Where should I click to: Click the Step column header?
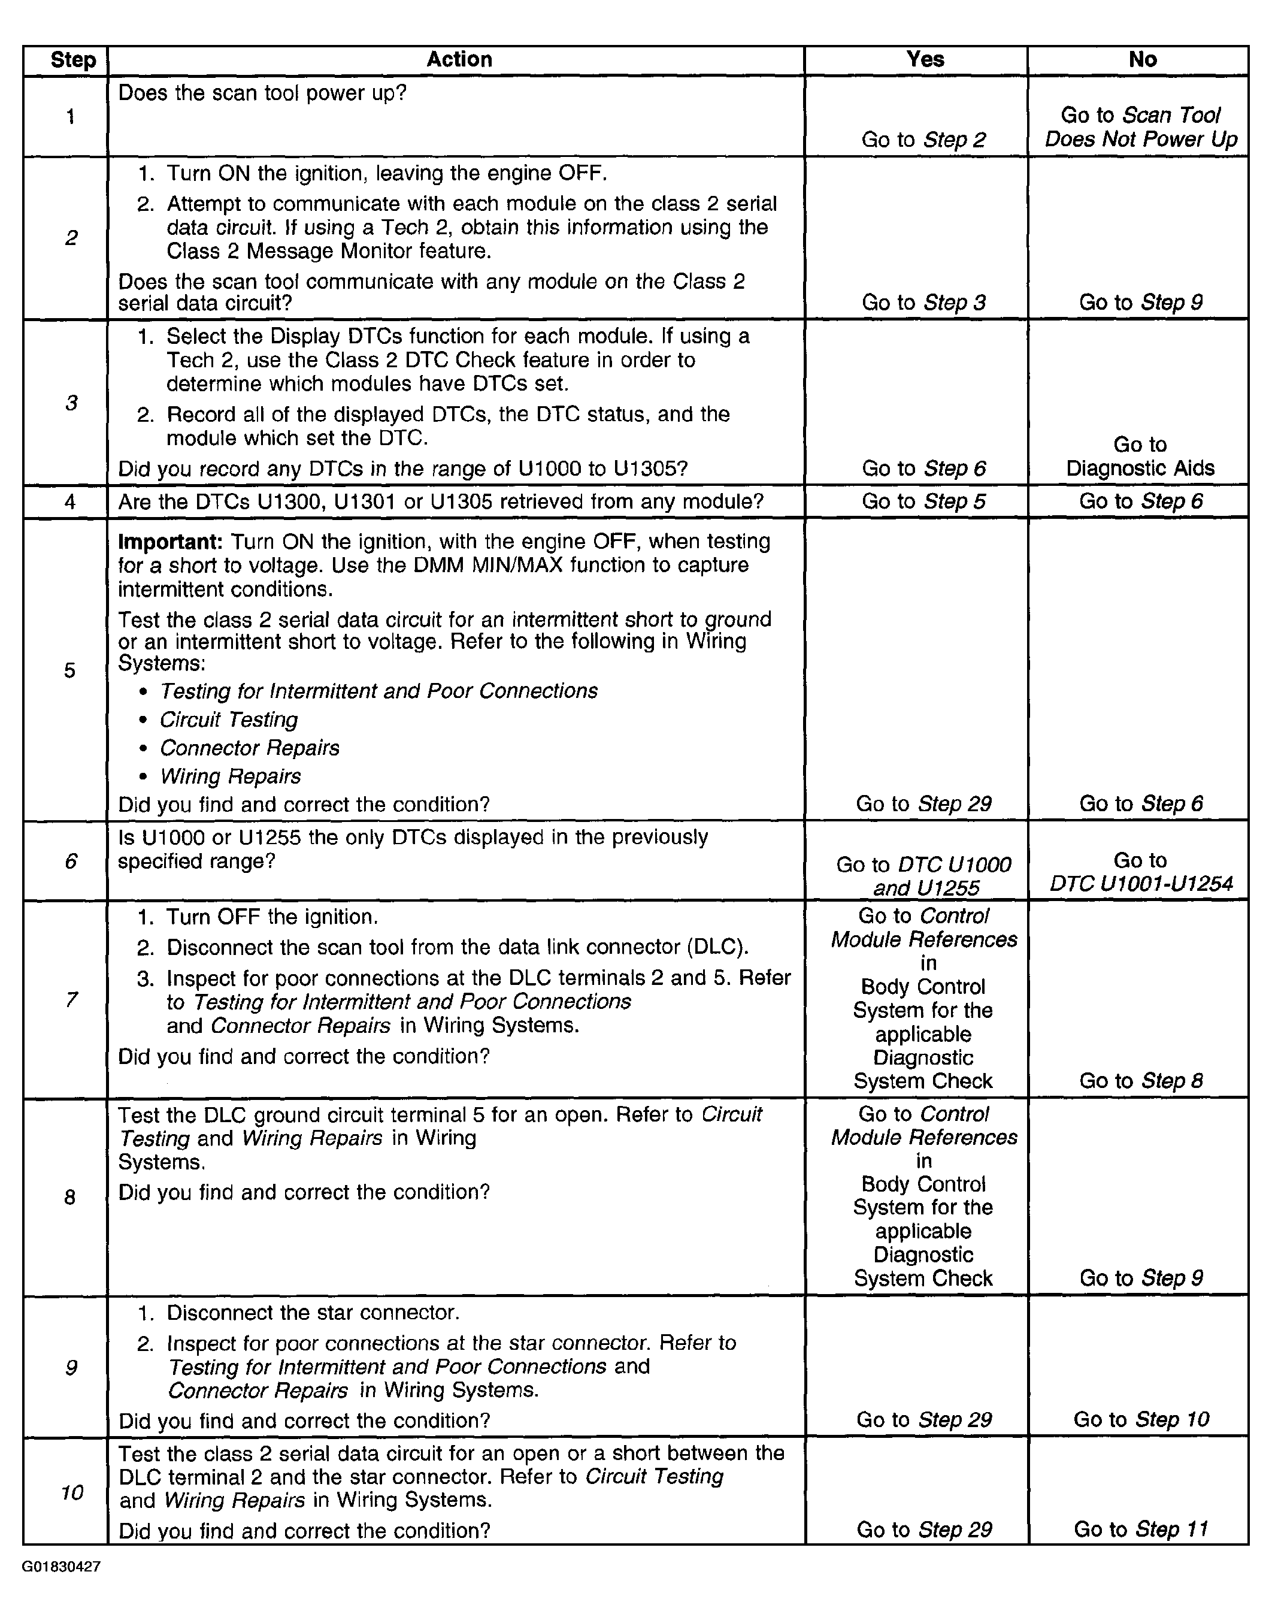point(73,61)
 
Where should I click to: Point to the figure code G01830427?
point(61,1566)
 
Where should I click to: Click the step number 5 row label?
point(69,670)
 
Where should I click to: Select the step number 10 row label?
point(71,1492)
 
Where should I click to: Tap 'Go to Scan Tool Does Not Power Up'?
point(1140,128)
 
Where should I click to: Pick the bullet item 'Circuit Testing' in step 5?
point(229,720)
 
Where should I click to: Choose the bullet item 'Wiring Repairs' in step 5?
point(230,776)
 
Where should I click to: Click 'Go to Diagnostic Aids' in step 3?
point(1140,457)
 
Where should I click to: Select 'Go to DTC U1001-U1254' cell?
point(1140,872)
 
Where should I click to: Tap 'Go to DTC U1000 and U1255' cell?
point(923,876)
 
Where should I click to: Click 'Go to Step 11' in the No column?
point(1140,1529)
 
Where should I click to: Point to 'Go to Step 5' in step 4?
point(923,501)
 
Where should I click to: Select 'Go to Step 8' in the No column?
point(1140,1081)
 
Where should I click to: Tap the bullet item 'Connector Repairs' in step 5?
point(250,748)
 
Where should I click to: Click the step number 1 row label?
point(70,116)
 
